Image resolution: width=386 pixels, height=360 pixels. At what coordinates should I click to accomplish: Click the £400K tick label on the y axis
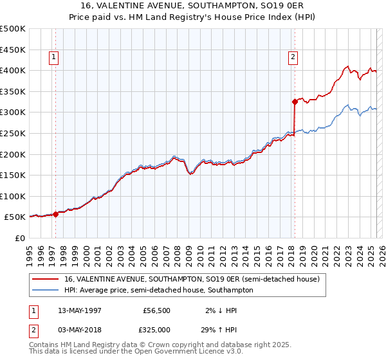point(13,70)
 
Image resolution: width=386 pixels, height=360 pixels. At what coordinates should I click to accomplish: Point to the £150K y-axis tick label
point(13,175)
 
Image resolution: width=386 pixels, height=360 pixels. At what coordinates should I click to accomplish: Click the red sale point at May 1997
point(56,214)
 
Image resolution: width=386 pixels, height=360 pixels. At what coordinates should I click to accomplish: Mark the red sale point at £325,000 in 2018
point(295,101)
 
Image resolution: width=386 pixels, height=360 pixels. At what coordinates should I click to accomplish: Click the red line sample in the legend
point(46,279)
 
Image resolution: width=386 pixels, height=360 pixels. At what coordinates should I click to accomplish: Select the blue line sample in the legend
point(46,290)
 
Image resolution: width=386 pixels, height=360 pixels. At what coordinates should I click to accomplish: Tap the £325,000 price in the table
point(154,328)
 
